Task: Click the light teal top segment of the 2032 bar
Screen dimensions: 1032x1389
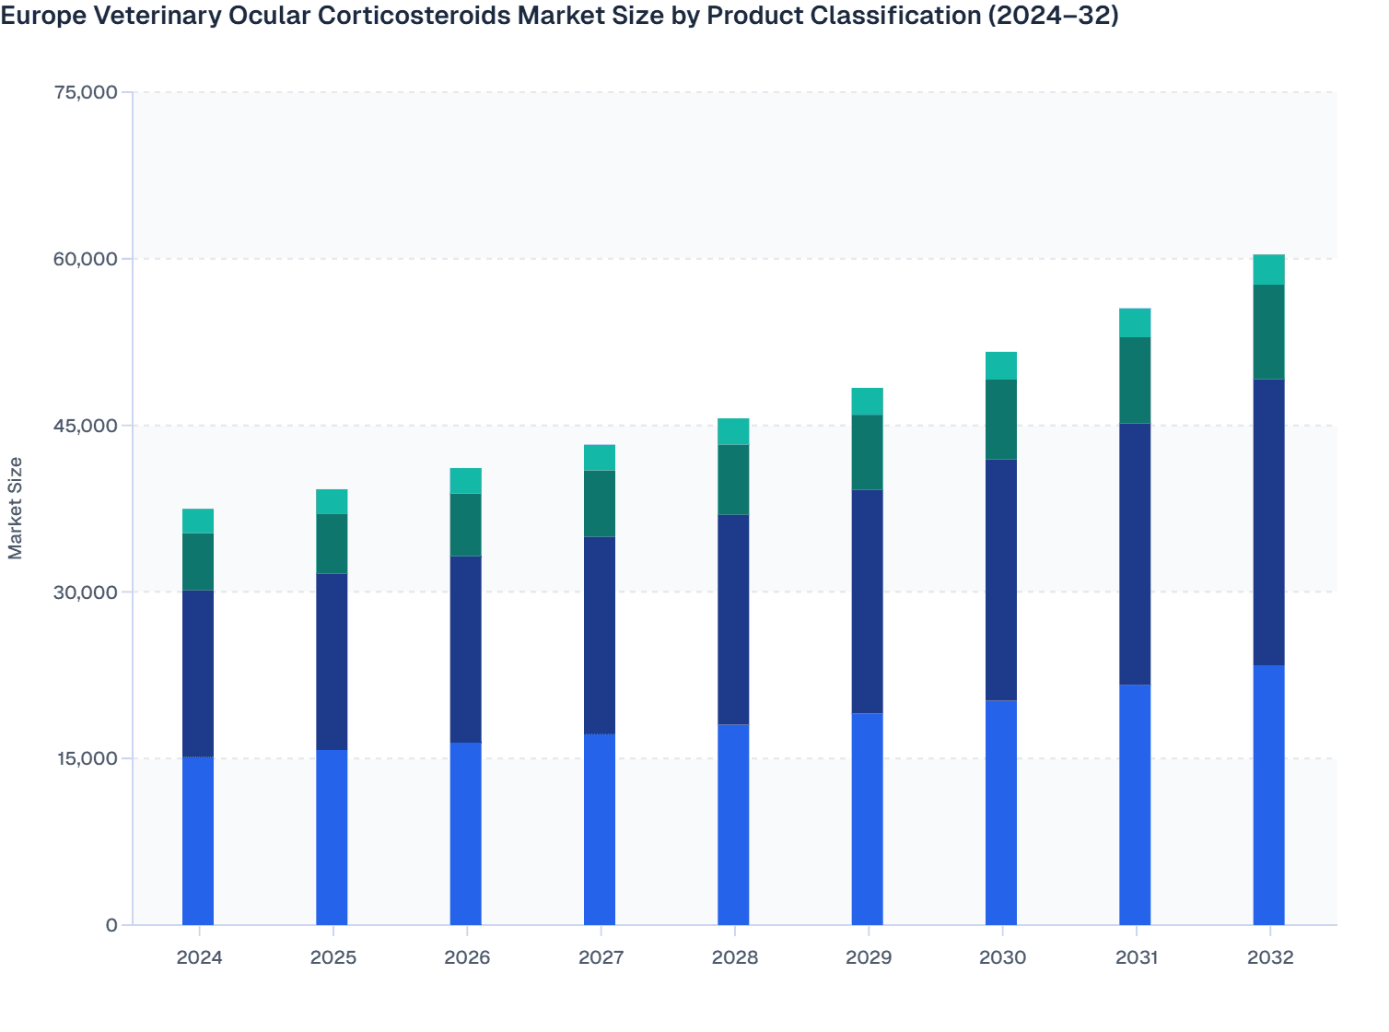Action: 1268,269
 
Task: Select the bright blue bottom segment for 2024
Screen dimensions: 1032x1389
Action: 198,840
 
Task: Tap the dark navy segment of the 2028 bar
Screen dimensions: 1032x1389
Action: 733,619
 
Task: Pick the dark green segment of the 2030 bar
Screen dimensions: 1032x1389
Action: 1001,419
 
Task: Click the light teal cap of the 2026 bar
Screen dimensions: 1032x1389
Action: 465,481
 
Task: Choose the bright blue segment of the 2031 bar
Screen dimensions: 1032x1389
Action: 1135,804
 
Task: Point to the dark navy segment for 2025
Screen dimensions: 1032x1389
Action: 332,662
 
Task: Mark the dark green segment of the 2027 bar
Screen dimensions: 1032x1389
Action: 600,503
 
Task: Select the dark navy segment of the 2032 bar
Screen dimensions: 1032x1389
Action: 1268,522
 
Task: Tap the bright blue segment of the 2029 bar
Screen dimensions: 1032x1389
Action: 867,819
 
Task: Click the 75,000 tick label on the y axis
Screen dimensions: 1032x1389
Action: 86,92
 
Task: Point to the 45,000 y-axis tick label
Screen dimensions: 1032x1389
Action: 86,426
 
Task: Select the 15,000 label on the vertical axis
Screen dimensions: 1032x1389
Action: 86,758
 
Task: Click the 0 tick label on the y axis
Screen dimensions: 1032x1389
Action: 111,925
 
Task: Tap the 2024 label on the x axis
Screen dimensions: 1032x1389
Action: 199,957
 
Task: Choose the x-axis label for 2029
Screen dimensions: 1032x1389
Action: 868,957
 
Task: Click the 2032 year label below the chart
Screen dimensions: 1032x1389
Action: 1270,957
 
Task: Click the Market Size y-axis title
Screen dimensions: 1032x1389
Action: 16,508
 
